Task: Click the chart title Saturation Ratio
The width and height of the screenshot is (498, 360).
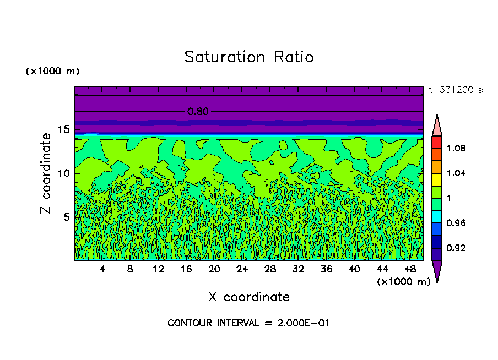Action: coord(249,57)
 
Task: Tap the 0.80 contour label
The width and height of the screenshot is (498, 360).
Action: coord(198,112)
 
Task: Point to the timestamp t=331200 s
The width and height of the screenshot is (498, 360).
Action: coord(455,90)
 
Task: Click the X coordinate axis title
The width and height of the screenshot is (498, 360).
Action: coord(249,297)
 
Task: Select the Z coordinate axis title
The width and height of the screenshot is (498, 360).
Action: coord(46,173)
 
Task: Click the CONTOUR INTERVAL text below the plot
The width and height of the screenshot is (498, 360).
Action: coord(248,323)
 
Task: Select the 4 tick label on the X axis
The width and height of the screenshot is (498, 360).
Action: coord(102,269)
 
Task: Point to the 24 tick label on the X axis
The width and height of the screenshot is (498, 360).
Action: coord(242,269)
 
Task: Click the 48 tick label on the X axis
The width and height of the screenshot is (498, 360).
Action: coord(410,269)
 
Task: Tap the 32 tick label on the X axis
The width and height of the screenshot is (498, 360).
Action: coord(298,269)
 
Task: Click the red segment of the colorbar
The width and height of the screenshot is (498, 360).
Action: coord(437,141)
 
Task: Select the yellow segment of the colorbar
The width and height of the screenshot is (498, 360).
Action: coord(437,179)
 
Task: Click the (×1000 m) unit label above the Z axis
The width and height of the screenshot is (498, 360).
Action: coord(52,72)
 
